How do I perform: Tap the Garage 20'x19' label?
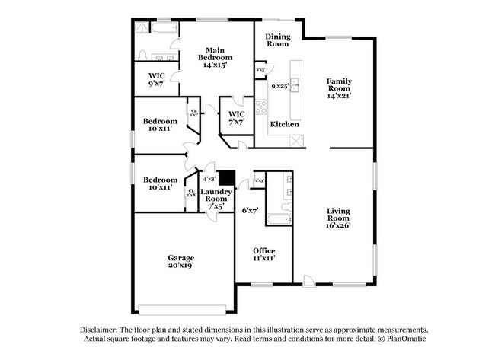[x=180, y=263]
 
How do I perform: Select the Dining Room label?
[x=277, y=40]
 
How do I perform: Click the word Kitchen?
[x=284, y=124]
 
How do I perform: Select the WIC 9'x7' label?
[x=157, y=80]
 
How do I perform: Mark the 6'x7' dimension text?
[x=251, y=209]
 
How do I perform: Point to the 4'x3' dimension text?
[x=209, y=179]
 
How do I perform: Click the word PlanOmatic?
[x=404, y=338]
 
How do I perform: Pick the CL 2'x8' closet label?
[x=191, y=193]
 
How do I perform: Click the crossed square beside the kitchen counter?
[x=297, y=141]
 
